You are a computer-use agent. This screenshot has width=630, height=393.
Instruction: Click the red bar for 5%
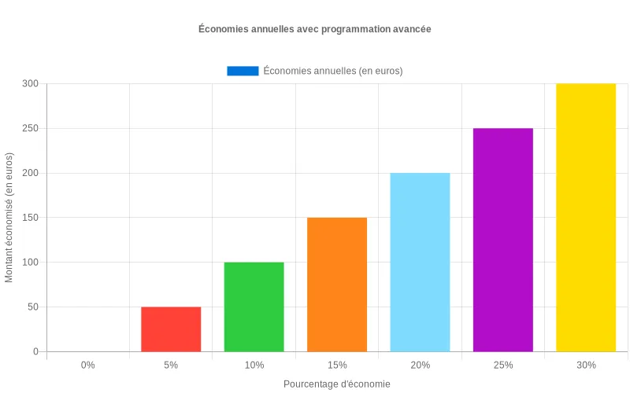(171, 329)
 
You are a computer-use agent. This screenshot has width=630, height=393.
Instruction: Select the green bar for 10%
(254, 307)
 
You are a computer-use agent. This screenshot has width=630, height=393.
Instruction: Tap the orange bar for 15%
(337, 285)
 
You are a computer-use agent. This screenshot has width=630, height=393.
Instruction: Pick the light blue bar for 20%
(420, 262)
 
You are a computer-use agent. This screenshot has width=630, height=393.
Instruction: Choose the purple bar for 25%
(503, 240)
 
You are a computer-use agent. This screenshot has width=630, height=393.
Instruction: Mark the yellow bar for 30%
(586, 218)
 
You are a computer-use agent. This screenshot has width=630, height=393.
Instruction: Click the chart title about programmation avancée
(315, 29)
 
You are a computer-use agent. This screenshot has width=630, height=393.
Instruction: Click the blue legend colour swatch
(243, 71)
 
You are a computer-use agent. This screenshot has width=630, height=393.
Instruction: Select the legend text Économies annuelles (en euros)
(333, 71)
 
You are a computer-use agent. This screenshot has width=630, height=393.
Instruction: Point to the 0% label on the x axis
(88, 365)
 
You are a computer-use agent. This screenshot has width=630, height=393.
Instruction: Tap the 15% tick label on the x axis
(337, 365)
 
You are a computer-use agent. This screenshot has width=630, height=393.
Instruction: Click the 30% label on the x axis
(586, 365)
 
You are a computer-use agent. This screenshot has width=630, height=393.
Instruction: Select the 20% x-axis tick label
(420, 365)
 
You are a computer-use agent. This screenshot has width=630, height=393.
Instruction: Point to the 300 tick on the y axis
(30, 83)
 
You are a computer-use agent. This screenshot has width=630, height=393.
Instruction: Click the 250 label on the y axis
(30, 128)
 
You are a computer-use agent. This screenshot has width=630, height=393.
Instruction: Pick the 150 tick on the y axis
(30, 218)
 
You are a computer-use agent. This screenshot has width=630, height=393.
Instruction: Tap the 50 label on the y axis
(32, 307)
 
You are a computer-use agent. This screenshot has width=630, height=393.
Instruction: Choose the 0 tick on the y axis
(35, 351)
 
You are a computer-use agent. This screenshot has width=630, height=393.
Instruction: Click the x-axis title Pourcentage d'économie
(337, 384)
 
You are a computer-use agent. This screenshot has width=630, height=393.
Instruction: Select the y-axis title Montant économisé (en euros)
(9, 218)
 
